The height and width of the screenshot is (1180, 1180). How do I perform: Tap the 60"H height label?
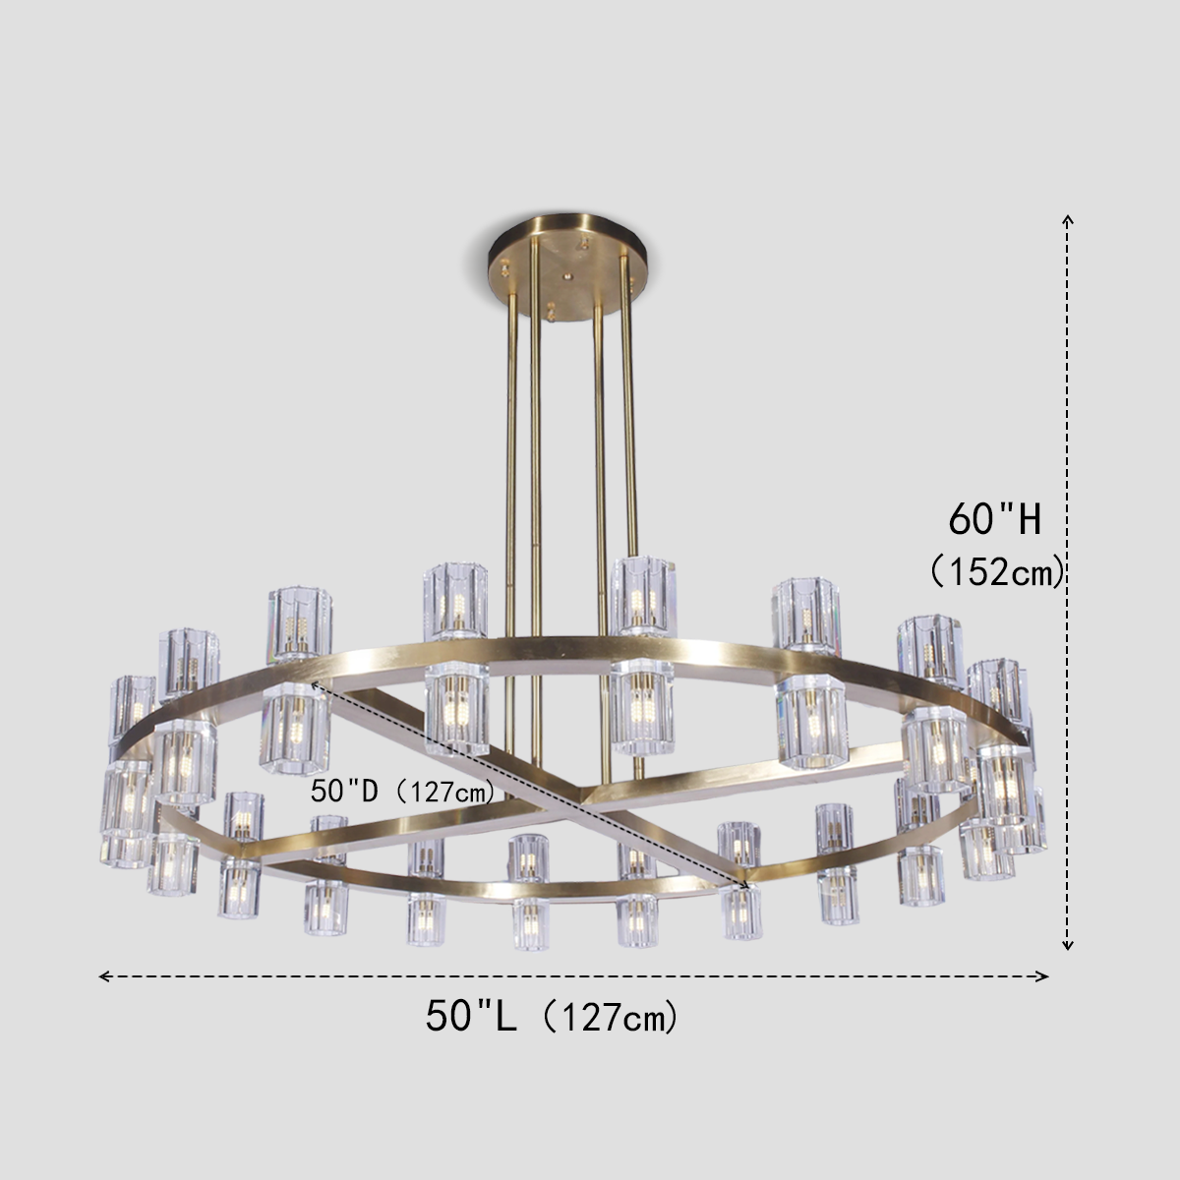(x=994, y=518)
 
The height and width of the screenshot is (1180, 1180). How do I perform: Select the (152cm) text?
(x=998, y=569)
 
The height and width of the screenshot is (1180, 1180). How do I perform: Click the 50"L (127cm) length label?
(x=552, y=1016)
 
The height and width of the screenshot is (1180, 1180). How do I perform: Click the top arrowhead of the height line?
(x=1067, y=219)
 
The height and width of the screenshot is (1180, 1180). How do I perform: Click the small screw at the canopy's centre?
(x=566, y=278)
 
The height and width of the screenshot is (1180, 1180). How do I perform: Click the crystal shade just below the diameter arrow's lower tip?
(x=742, y=914)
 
